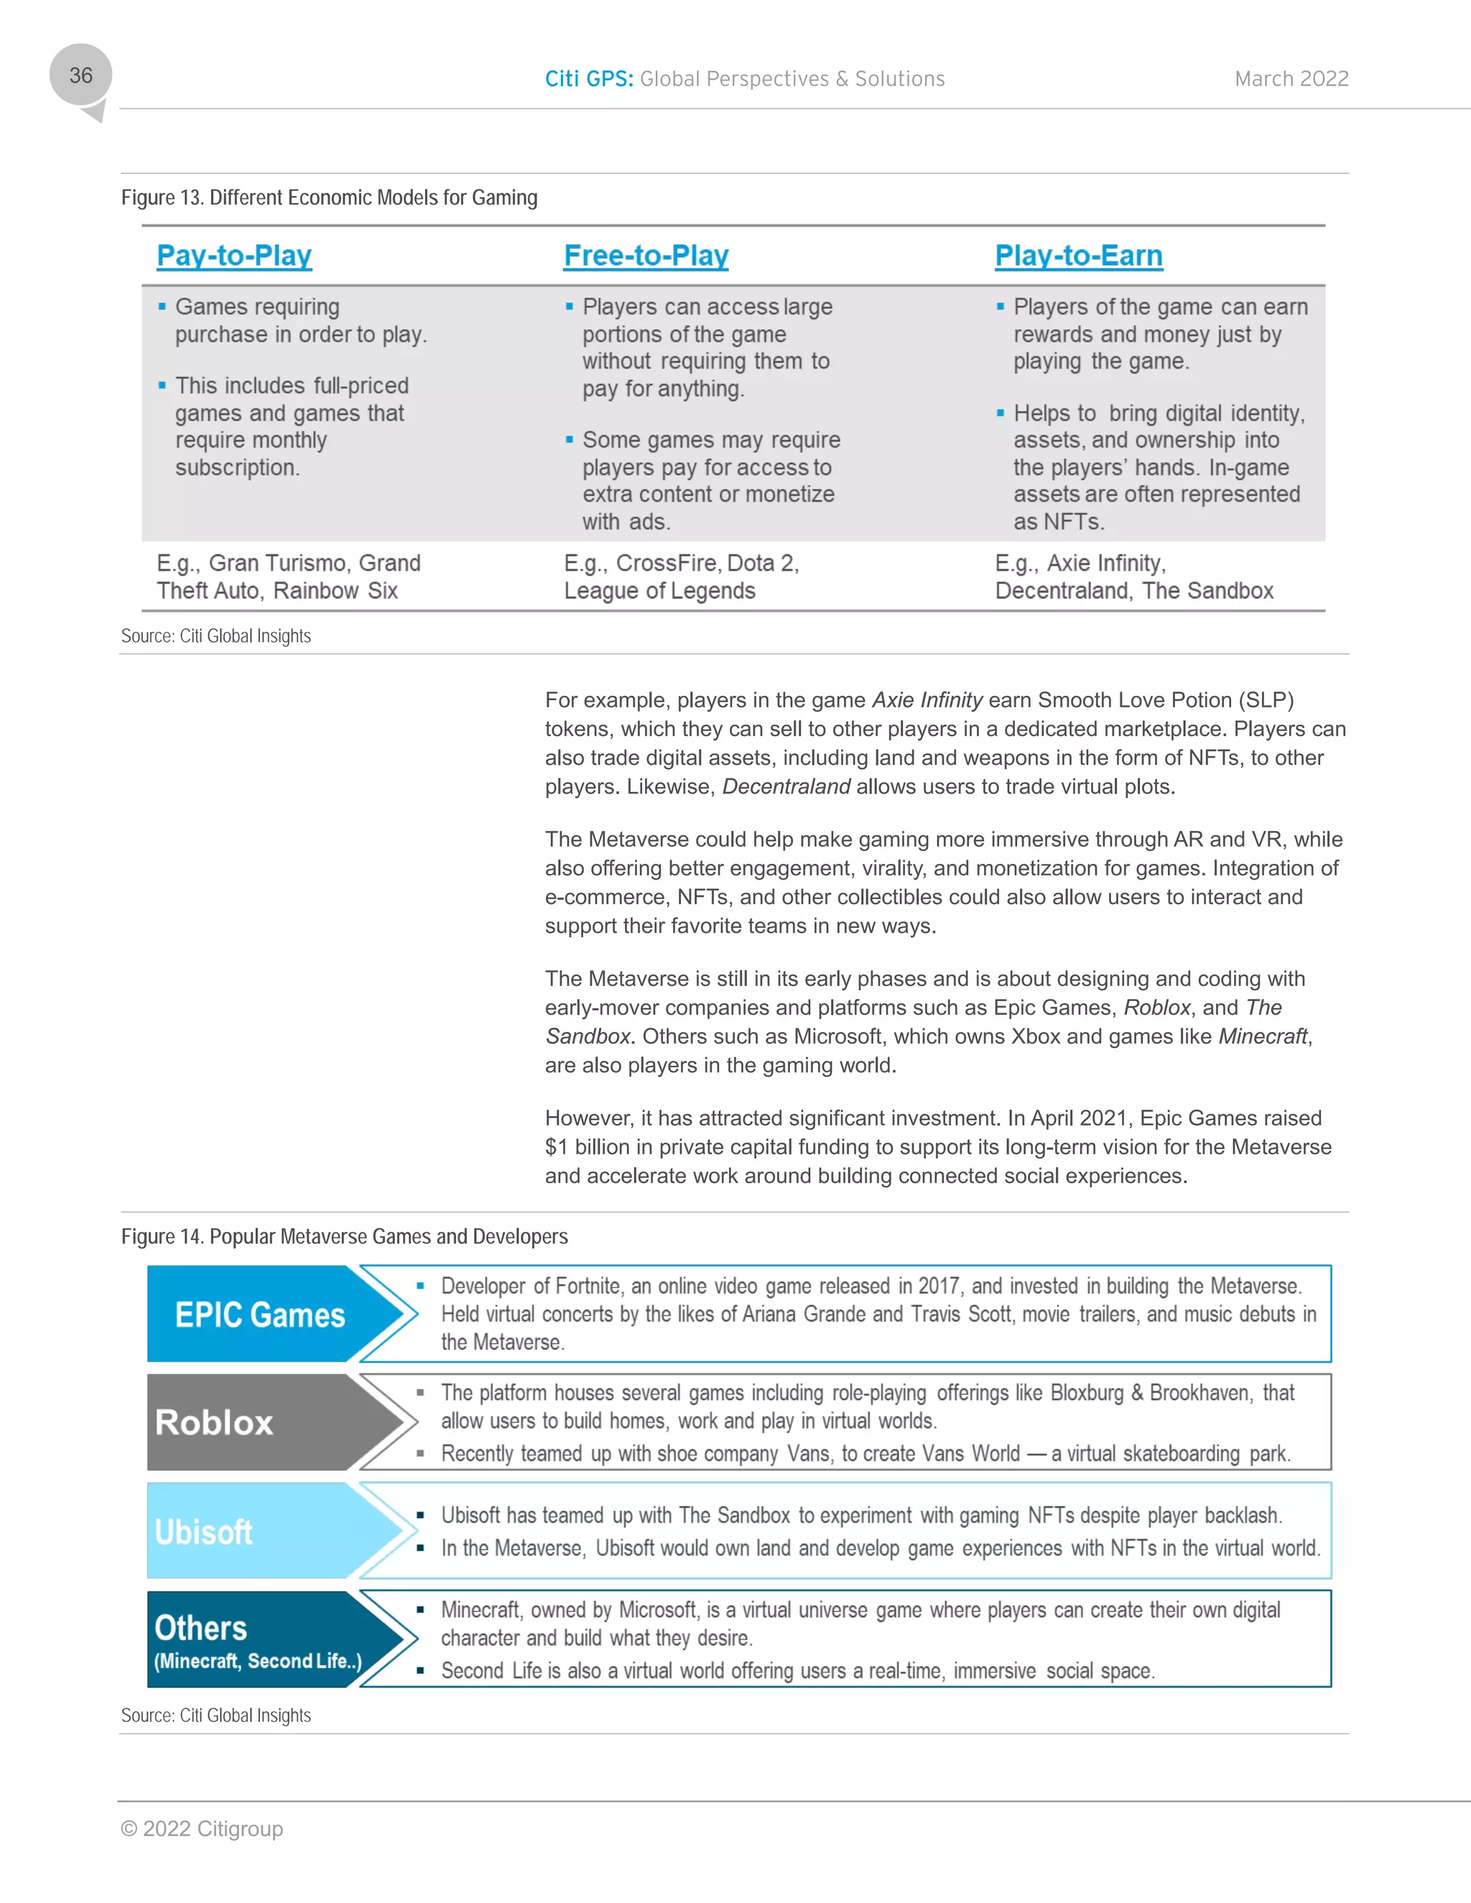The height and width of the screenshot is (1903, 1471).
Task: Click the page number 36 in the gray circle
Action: [81, 76]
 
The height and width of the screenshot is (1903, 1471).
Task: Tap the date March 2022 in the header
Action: [1291, 79]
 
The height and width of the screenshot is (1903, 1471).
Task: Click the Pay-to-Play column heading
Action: [233, 256]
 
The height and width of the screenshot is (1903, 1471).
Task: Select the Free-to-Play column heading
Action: [646, 256]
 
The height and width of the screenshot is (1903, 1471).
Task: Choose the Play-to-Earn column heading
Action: [1078, 256]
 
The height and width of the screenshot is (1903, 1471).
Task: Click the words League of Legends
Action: [659, 591]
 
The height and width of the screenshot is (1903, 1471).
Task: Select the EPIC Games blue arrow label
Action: [260, 1315]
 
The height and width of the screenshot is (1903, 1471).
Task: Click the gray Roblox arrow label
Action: [214, 1423]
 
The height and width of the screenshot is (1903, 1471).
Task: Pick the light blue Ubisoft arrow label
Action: [203, 1532]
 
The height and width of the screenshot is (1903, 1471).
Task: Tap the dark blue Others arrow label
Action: [201, 1628]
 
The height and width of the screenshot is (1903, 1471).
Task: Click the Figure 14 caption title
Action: [344, 1237]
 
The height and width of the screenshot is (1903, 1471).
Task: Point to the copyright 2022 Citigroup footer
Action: [202, 1829]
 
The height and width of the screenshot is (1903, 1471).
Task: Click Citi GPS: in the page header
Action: [588, 79]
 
